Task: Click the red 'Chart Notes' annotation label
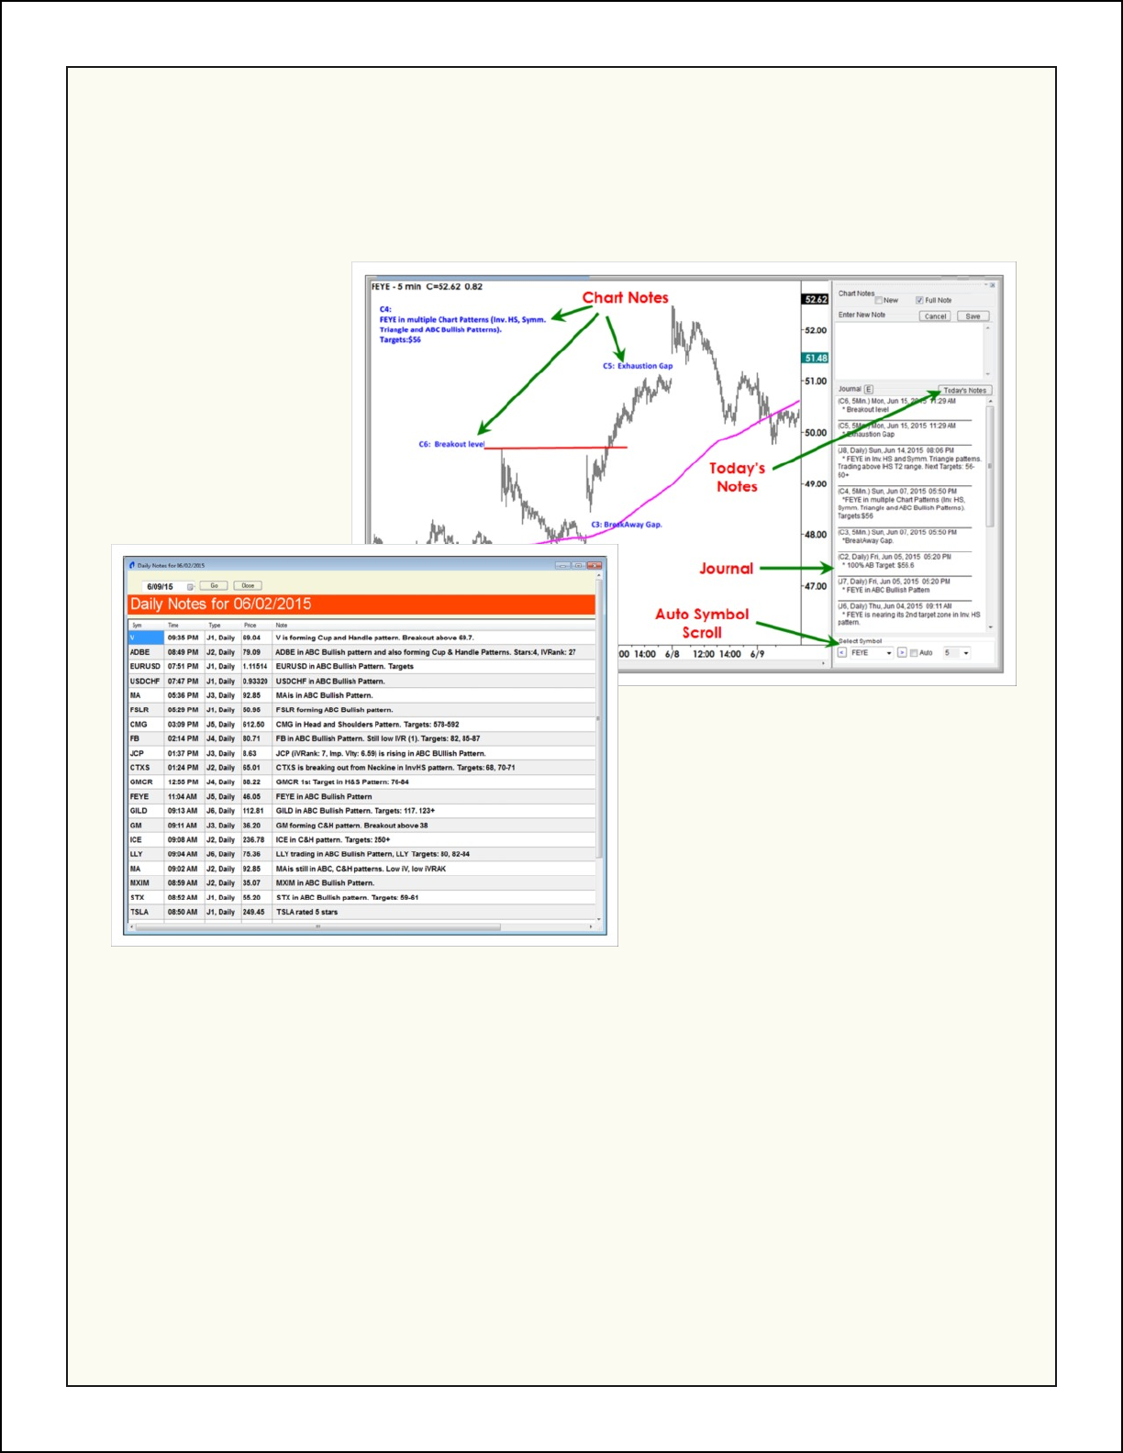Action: tap(625, 297)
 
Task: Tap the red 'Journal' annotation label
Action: tap(726, 569)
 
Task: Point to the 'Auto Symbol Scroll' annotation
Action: tap(702, 623)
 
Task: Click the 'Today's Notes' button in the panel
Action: tap(964, 390)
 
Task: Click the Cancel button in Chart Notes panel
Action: tap(935, 316)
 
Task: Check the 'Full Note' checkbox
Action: tap(919, 300)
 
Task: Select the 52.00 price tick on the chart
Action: tap(815, 330)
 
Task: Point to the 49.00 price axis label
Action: tap(815, 484)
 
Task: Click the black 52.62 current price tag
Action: tap(816, 299)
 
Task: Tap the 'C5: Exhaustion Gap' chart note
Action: tap(638, 366)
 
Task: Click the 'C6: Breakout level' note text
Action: tap(451, 444)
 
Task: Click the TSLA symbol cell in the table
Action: tap(139, 912)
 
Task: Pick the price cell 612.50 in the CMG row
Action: tap(253, 725)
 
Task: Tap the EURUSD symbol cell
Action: tap(145, 667)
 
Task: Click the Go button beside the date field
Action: tap(214, 585)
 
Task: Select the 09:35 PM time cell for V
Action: tap(183, 638)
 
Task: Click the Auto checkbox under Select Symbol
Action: tap(914, 653)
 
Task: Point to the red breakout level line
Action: tap(556, 448)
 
